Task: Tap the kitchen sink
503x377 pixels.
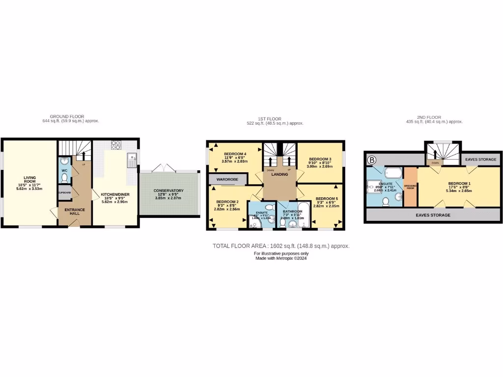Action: [x=132, y=158]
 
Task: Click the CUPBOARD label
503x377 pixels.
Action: [x=64, y=192]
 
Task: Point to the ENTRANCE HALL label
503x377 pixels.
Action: [x=75, y=212]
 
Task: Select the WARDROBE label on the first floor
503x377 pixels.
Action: [x=228, y=180]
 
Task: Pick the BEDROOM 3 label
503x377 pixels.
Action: [x=320, y=159]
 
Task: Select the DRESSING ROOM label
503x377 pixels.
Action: [x=410, y=187]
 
